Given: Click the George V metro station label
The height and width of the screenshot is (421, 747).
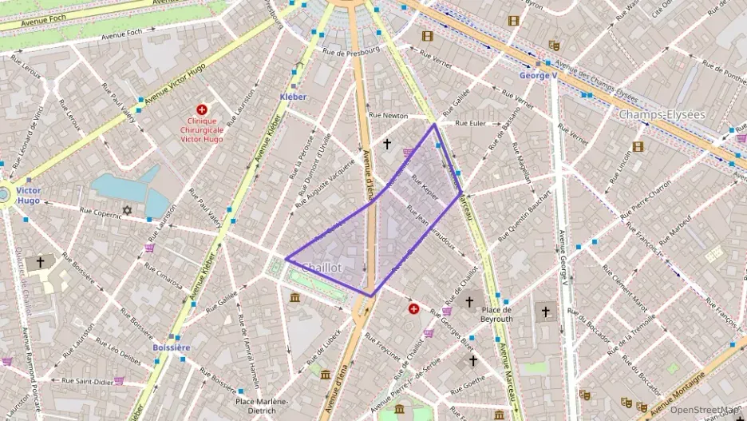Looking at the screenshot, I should (x=538, y=76).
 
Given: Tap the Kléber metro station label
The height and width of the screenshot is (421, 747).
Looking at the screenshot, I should (x=293, y=97).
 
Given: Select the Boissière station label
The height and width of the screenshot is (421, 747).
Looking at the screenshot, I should (x=172, y=348).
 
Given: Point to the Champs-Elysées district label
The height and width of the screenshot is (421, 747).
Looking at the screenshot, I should (x=662, y=114).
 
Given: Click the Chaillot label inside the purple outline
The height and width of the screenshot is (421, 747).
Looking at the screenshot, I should (x=322, y=268).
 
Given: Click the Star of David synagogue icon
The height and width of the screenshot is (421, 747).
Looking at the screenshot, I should (x=126, y=210).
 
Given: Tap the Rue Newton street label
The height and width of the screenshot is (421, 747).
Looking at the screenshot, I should (x=388, y=116).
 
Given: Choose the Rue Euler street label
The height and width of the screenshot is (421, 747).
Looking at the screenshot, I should (x=470, y=123).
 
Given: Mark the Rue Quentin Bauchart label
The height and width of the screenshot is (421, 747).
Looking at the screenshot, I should (x=528, y=215).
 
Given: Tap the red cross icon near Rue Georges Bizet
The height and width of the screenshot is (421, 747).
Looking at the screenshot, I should (x=413, y=308).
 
